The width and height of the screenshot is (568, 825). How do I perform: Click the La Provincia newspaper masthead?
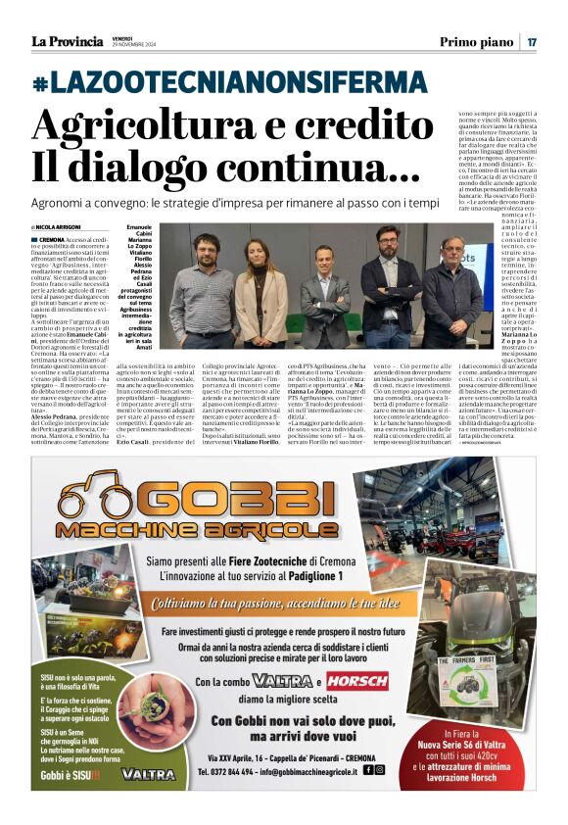[67, 41]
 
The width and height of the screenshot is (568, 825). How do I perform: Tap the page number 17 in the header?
[532, 41]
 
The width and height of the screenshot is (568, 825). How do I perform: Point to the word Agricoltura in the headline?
[127, 124]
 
